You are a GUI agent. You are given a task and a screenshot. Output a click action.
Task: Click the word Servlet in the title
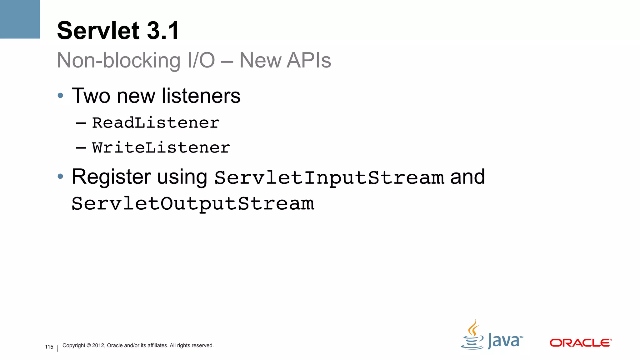tap(98, 31)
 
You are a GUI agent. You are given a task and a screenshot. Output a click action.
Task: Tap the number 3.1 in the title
tap(163, 31)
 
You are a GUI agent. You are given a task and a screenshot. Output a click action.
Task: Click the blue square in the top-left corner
tap(20, 19)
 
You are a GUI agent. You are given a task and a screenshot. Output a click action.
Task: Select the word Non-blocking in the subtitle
tap(119, 60)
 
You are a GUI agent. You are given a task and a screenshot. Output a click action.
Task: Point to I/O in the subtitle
tap(201, 60)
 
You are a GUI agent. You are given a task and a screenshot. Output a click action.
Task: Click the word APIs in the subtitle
tap(308, 60)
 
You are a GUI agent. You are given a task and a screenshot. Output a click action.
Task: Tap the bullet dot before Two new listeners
tap(61, 96)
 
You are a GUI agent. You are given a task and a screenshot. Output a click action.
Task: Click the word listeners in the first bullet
tap(201, 96)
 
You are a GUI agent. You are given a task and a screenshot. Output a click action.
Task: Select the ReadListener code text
tap(156, 123)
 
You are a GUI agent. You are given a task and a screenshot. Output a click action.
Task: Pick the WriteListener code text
tap(161, 147)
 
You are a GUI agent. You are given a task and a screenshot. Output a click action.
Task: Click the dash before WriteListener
tap(81, 148)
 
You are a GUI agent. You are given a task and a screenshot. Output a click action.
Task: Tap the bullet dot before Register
tap(61, 177)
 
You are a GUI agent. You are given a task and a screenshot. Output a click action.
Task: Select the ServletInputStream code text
tap(329, 177)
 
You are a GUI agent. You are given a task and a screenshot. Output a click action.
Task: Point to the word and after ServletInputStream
tap(467, 177)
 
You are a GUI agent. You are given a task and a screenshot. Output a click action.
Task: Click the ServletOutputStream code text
tap(193, 204)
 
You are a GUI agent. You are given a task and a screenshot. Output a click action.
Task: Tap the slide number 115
tap(49, 347)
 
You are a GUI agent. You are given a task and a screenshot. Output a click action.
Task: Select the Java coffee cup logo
tap(472, 336)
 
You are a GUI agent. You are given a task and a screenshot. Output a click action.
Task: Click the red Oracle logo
tap(580, 343)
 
